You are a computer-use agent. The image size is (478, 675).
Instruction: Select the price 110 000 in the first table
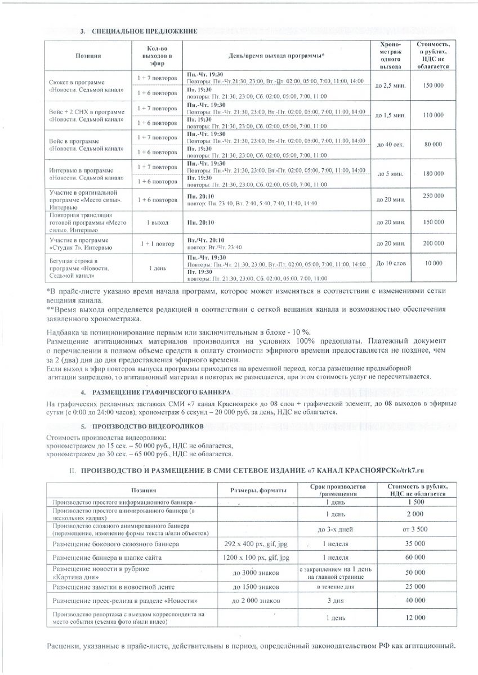[433, 115]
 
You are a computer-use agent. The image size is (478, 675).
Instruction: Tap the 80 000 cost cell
[433, 145]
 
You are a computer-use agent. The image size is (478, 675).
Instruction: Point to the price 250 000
[433, 195]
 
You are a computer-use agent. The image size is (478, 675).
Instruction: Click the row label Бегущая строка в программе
[73, 268]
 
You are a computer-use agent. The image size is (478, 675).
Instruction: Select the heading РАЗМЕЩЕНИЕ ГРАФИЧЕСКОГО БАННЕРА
[162, 391]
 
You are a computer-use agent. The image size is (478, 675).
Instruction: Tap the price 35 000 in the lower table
[416, 544]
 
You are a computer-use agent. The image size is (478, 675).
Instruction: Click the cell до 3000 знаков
[256, 573]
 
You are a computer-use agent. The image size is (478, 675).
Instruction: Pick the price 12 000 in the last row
[416, 618]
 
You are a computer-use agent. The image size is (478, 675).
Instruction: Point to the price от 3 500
[416, 529]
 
